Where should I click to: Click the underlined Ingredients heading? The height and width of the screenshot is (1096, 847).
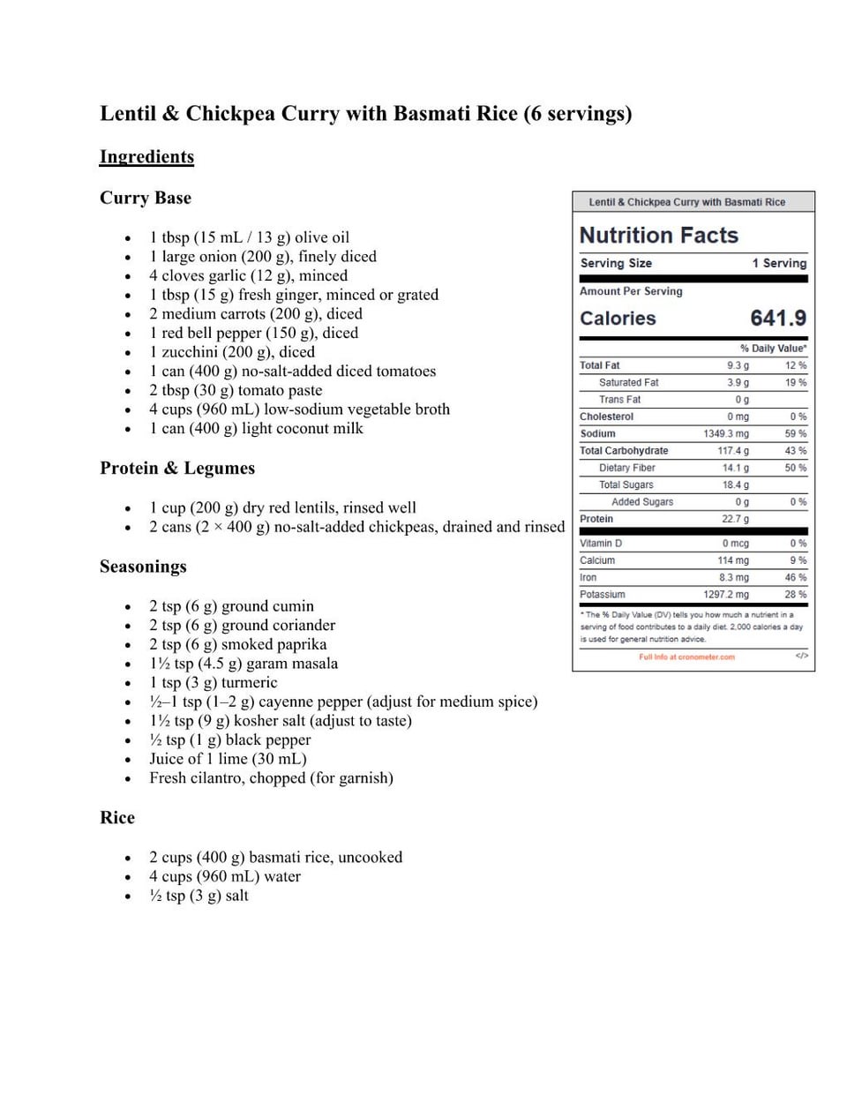click(146, 157)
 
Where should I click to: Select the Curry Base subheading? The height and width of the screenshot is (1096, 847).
click(146, 198)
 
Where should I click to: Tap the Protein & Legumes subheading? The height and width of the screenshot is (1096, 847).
click(177, 468)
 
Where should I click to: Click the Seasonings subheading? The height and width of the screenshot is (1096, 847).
click(143, 567)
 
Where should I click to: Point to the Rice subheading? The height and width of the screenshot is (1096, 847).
click(117, 818)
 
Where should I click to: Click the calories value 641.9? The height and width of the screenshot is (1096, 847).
click(777, 318)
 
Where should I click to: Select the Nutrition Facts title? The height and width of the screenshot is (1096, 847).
click(658, 236)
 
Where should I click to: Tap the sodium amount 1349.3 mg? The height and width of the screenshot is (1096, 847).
click(725, 434)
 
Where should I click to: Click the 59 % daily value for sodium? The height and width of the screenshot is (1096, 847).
click(796, 434)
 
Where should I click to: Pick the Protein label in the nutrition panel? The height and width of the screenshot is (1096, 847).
click(596, 519)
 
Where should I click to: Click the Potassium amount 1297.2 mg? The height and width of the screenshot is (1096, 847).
click(725, 595)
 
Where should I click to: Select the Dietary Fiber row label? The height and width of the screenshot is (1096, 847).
click(626, 468)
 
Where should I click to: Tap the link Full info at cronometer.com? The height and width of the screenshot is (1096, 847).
click(686, 657)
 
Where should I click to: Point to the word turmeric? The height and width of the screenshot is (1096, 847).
click(249, 683)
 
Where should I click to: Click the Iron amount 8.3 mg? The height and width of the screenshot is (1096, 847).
click(733, 578)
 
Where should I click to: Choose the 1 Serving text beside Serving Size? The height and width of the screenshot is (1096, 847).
click(779, 263)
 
